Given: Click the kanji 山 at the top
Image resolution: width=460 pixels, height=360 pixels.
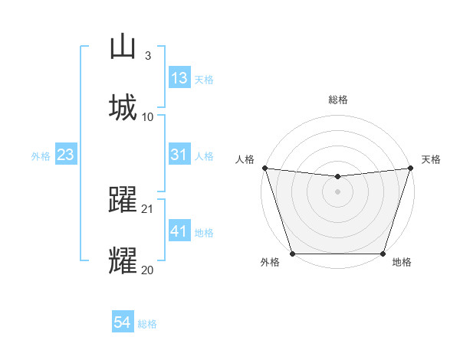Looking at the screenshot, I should (122, 48).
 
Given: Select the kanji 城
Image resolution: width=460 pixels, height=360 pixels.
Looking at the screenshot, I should (122, 107).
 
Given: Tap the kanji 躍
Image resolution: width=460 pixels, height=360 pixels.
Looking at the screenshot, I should (122, 201).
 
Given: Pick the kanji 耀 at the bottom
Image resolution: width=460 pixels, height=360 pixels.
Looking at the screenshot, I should (122, 260).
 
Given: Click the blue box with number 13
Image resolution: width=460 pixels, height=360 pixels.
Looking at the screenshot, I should (179, 78).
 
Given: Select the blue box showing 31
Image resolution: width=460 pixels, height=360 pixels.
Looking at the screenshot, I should (179, 155).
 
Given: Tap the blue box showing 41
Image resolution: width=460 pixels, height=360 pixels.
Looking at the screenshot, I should (179, 231).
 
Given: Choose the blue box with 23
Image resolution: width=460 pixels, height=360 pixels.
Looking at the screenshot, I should (66, 155).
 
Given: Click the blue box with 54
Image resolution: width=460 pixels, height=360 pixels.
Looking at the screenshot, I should (123, 322).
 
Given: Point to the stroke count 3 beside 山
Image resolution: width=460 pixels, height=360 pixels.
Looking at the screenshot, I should (147, 56).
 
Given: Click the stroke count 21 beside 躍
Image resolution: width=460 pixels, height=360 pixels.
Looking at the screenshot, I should (148, 209).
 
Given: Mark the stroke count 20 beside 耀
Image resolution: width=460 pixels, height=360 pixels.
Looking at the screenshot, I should (148, 269).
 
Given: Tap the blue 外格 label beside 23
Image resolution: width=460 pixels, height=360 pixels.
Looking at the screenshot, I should (41, 155).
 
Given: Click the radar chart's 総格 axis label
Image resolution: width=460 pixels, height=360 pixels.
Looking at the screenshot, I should (337, 100).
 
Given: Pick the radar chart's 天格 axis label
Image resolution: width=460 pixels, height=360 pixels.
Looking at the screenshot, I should (432, 159).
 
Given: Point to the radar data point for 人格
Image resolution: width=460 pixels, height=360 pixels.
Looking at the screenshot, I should (264, 168).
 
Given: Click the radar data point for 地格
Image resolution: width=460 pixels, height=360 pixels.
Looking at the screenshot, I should (383, 254).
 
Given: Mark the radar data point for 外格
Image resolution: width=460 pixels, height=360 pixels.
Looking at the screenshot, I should (293, 254).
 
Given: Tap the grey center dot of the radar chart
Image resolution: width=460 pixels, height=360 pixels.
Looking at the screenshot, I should (337, 191).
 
